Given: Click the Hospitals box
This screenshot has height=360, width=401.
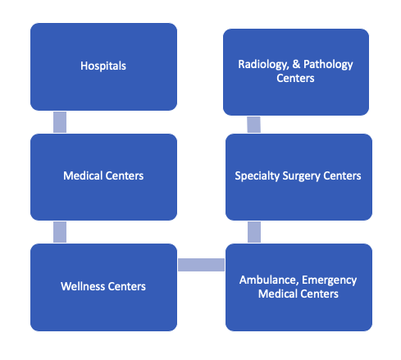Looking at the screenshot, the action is click(x=103, y=66).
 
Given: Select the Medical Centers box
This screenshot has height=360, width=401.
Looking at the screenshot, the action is click(x=103, y=177).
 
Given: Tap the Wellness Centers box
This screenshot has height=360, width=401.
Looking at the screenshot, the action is click(x=103, y=287).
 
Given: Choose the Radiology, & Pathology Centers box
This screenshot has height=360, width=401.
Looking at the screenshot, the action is click(x=296, y=72).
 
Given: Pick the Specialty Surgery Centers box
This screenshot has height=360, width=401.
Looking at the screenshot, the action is click(x=298, y=177).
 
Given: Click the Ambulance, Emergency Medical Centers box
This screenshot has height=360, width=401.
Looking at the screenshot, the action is click(x=298, y=287).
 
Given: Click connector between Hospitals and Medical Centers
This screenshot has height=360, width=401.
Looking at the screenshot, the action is click(x=60, y=122).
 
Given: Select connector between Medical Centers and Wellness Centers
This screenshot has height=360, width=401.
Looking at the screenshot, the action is click(x=60, y=232).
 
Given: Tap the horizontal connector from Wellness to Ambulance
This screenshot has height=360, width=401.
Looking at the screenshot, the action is click(x=202, y=265).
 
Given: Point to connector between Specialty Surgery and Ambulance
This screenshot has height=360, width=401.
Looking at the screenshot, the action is click(x=254, y=232).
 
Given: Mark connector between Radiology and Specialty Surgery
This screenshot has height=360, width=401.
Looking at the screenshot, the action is click(x=254, y=125).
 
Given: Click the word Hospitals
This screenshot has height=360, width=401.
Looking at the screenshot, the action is click(x=103, y=66).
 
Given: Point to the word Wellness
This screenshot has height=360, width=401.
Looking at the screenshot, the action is click(x=83, y=286).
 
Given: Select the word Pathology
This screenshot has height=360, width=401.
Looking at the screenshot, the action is click(x=328, y=65).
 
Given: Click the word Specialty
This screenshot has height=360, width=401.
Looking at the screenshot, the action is click(x=257, y=176).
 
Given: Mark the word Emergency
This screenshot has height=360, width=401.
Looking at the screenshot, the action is click(x=330, y=280).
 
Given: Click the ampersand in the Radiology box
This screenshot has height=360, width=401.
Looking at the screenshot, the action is click(x=296, y=64).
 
